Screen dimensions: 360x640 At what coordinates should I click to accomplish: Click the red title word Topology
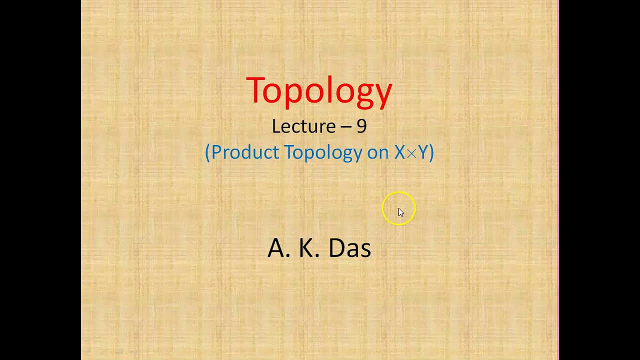pos(319,91)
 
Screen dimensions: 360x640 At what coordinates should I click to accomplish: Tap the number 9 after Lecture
pos(361,126)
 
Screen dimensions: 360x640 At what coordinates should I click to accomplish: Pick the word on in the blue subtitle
pos(378,152)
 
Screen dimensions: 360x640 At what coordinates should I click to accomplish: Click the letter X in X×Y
pos(399,152)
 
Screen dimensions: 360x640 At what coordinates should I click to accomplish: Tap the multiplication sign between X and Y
pos(411,153)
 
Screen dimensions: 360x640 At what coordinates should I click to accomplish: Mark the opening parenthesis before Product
pos(207,152)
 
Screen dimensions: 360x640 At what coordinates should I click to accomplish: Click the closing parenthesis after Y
pos(431,152)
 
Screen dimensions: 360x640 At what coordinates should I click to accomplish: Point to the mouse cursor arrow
pos(400,212)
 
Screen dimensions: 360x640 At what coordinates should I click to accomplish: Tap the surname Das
pos(349,248)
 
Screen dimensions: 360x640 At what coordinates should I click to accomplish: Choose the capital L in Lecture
pos(275,126)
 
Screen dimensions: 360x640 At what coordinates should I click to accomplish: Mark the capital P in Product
pos(218,152)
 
